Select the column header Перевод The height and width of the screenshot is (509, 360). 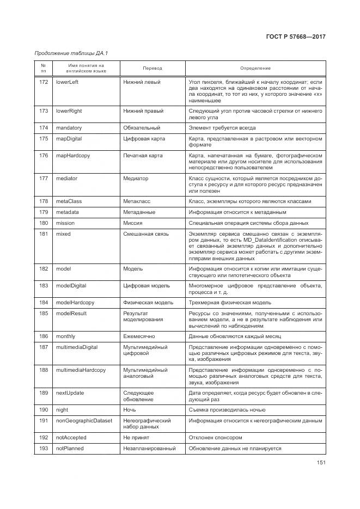click(152, 68)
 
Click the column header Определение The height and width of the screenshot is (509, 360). click(255, 68)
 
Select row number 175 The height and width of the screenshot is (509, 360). click(44, 139)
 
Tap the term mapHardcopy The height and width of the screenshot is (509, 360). click(73, 155)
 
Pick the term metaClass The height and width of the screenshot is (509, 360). click(69, 201)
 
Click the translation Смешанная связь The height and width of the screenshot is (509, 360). click(146, 234)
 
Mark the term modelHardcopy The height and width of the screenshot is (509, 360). click(75, 302)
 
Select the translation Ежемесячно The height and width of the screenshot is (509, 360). click(139, 336)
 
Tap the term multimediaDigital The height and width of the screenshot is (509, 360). click(77, 347)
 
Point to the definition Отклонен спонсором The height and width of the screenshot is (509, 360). click(215, 437)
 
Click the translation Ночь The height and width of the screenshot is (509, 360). click(130, 409)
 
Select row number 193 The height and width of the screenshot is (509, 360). click(44, 449)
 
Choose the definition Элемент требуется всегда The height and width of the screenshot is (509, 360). click(223, 127)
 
